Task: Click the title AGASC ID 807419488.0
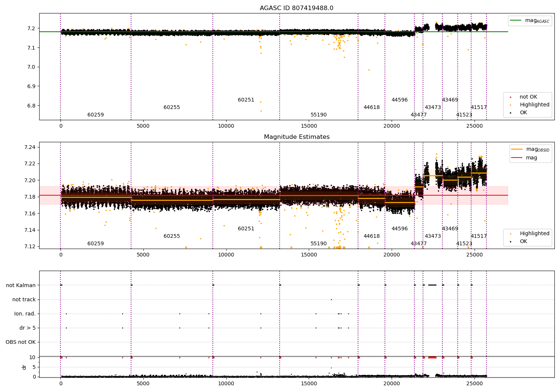tap(296, 8)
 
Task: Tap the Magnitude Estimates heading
tap(297, 137)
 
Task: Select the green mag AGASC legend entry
tap(530, 21)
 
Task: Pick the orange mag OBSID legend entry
tap(530, 149)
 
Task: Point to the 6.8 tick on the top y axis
tap(31, 106)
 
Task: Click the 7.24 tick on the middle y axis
tap(30, 147)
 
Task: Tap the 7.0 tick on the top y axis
tap(31, 67)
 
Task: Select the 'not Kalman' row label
tap(21, 285)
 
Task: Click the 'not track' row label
tap(24, 299)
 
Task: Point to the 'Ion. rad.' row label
tap(25, 314)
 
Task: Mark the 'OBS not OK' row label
tap(21, 342)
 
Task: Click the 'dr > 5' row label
tap(28, 328)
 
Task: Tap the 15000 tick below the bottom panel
tap(309, 384)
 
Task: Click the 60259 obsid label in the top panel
tap(96, 115)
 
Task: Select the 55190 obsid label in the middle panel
tap(318, 243)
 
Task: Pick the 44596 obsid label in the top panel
tap(399, 100)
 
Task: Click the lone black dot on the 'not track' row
tap(331, 299)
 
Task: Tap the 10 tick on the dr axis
tap(32, 357)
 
